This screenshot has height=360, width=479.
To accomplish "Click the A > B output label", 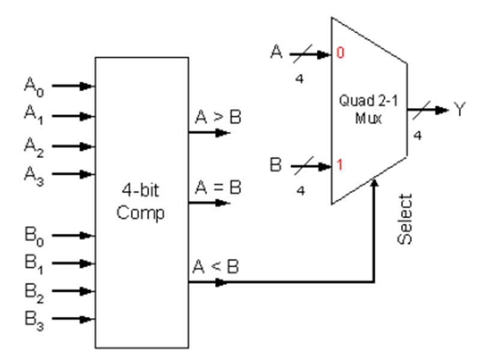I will coord(217,118).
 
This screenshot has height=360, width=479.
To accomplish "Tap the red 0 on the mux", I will coord(339,55).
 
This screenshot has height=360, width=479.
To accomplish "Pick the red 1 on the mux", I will coord(339,164).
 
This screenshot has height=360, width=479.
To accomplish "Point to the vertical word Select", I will coord(406,218).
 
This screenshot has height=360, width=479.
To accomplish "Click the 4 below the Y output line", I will coord(417,136).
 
